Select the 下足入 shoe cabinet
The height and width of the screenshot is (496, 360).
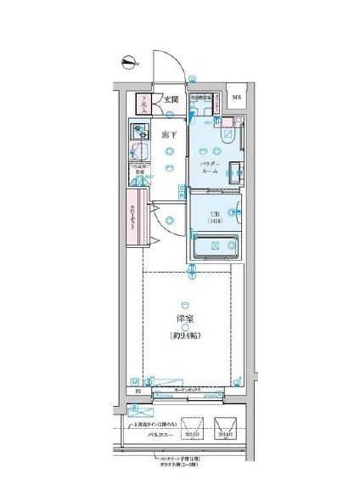pos(145,102)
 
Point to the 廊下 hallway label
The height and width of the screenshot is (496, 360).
pos(169,134)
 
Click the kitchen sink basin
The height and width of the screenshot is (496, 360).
pos(138,133)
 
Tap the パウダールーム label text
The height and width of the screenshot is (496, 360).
pos(211,166)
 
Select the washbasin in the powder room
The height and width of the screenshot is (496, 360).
pos(236,166)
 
